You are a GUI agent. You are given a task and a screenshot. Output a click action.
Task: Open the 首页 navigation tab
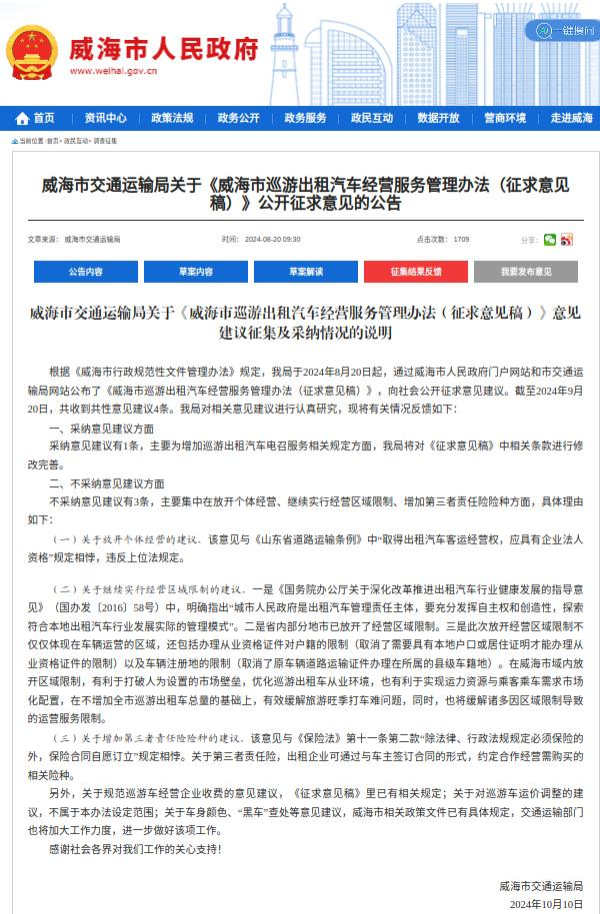(x=37, y=118)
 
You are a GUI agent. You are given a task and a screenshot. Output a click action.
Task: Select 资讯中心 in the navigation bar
(x=105, y=118)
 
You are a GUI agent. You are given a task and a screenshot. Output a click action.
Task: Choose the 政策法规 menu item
(x=172, y=118)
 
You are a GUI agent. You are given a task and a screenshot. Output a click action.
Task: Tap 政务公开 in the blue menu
(x=238, y=118)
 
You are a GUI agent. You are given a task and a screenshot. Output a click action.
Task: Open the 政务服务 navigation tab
(x=305, y=118)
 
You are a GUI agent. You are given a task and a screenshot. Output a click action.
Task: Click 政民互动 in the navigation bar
(x=372, y=118)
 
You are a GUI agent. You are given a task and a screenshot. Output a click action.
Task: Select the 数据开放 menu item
(x=438, y=118)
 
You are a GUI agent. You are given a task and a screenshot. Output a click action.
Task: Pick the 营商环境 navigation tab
(x=505, y=118)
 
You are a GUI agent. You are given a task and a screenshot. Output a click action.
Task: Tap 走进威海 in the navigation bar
(x=571, y=118)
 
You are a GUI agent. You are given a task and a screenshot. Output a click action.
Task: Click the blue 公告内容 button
(x=86, y=272)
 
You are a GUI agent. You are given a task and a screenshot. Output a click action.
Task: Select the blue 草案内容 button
(x=196, y=272)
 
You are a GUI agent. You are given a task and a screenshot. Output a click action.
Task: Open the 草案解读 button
(x=306, y=272)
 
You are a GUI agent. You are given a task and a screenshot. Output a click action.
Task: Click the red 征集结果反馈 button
(x=416, y=272)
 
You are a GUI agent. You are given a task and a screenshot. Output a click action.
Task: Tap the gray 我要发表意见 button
(x=526, y=272)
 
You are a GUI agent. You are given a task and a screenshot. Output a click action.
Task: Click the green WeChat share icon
(x=550, y=240)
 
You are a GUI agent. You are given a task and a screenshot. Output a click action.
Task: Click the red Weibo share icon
(x=567, y=240)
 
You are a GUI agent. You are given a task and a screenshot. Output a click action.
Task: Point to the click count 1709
(x=461, y=240)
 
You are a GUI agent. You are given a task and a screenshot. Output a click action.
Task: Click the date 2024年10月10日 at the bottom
(x=546, y=903)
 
